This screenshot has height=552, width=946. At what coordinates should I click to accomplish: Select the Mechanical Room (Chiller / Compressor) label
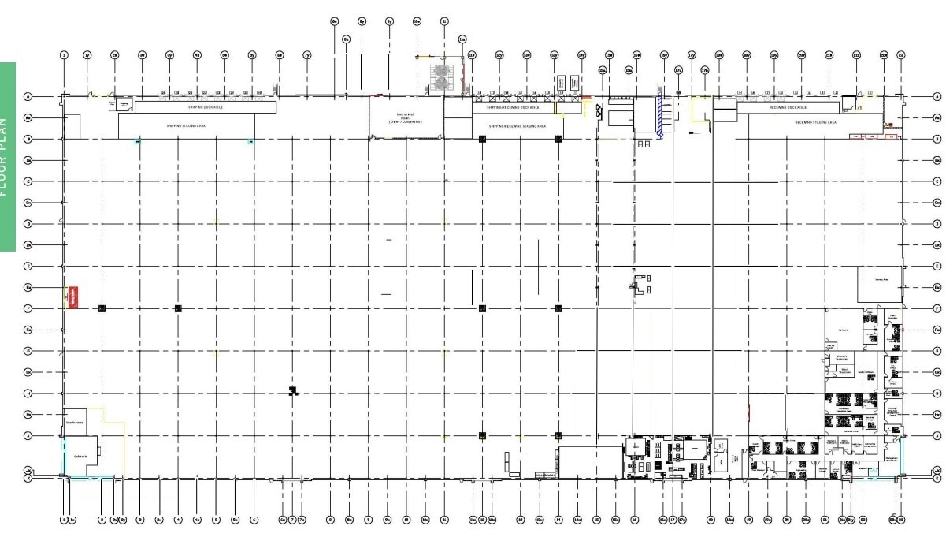(406, 118)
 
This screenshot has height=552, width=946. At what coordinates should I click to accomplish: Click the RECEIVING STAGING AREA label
(815, 123)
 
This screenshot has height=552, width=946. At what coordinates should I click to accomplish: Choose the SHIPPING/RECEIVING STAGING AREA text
(517, 125)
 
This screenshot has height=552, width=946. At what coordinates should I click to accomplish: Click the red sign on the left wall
(73, 296)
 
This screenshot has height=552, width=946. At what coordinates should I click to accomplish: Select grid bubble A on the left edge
(28, 96)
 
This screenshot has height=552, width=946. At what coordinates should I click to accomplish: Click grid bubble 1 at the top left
(64, 55)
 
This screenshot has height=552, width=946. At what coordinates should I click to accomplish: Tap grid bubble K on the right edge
(937, 478)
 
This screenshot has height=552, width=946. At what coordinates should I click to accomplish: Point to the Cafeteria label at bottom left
(80, 457)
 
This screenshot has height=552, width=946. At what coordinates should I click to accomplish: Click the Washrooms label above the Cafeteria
(76, 421)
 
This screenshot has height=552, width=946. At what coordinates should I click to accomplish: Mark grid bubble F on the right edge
(937, 308)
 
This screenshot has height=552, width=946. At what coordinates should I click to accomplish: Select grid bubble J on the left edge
(28, 435)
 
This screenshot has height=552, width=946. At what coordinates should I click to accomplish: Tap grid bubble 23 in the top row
(901, 55)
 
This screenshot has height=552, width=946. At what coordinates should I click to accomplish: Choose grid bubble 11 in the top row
(444, 21)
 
